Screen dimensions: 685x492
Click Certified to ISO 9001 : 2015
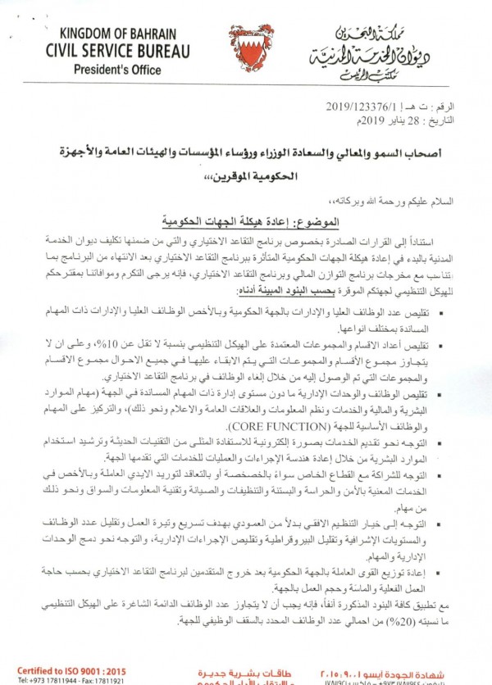click(x=61, y=669)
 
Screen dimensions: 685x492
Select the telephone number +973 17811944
click(x=41, y=680)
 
